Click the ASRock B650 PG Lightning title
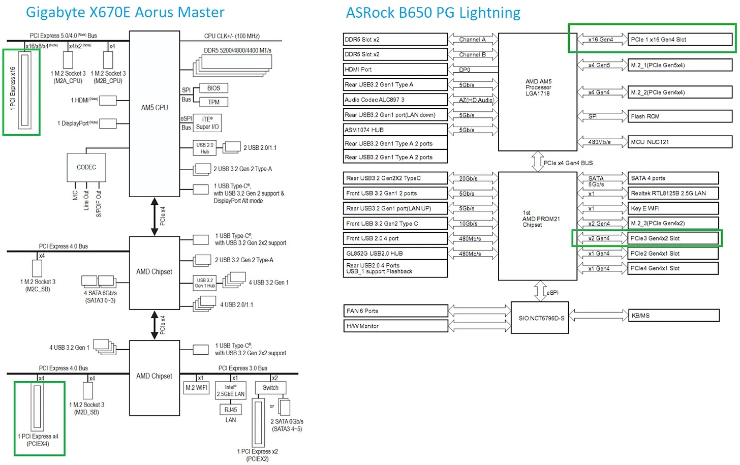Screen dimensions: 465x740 433,12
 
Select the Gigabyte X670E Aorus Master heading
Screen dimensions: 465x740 125,12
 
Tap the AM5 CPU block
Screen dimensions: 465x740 155,108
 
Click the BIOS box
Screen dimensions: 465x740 213,88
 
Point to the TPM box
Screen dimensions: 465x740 213,102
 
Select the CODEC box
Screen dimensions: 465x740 86,167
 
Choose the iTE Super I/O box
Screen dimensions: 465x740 207,123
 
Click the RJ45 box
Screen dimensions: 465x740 231,410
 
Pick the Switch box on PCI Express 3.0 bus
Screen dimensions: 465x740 270,388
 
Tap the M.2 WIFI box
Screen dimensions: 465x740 197,388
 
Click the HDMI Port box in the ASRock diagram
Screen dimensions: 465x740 395,70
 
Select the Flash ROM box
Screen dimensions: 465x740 680,116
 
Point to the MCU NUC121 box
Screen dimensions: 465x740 680,142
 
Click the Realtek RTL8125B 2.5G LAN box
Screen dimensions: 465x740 673,193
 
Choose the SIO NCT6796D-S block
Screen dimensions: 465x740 540,319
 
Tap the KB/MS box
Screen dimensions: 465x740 673,316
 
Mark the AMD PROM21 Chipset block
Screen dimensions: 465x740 538,219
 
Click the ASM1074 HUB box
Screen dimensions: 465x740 395,130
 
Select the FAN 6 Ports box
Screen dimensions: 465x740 395,311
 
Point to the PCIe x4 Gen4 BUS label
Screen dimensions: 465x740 568,163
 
